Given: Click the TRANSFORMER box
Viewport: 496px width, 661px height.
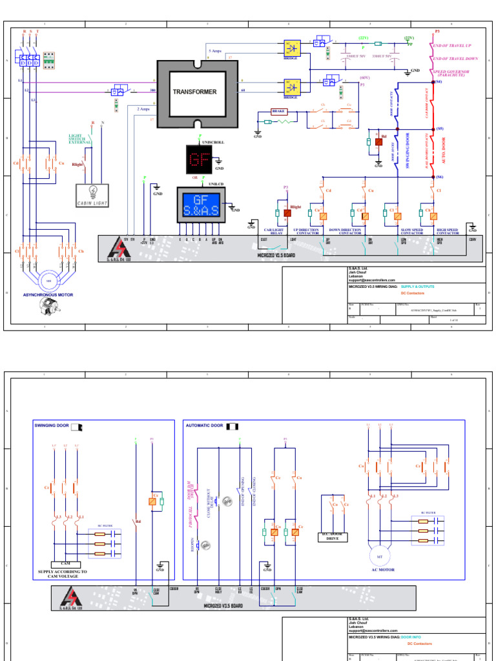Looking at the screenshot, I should [x=194, y=92].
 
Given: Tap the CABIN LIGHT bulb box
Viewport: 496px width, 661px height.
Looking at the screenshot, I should [x=92, y=195].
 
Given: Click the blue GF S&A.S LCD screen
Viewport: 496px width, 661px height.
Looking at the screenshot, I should [x=201, y=205].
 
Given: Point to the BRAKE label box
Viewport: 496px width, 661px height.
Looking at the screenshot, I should [x=278, y=111].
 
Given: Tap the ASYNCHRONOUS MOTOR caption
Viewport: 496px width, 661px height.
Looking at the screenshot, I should [x=48, y=295].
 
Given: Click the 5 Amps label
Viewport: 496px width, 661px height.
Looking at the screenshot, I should [x=215, y=50].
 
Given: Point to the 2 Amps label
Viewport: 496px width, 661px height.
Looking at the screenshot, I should [x=143, y=109].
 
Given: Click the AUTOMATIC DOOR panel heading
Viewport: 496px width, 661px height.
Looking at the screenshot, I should [x=204, y=426].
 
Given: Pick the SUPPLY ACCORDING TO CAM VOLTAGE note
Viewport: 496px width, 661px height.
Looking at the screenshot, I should [x=63, y=575].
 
